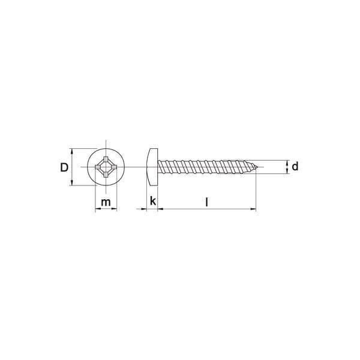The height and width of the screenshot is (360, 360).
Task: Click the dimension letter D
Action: [64, 167]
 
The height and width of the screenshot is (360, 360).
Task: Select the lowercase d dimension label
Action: [295, 166]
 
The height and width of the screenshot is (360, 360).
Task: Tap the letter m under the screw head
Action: [106, 202]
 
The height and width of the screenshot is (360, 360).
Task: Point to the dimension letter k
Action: [153, 201]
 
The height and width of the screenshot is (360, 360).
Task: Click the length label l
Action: [207, 202]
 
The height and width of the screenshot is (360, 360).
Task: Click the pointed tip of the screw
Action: [257, 167]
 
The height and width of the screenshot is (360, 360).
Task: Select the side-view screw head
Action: [152, 167]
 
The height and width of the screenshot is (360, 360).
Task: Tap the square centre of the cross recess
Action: [106, 167]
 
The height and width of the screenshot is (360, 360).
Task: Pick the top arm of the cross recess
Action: [106, 159]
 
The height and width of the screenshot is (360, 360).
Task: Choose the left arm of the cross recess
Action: [98, 167]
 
